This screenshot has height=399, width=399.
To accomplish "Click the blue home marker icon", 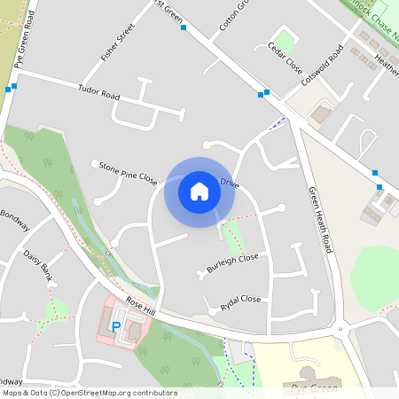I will click(x=199, y=191).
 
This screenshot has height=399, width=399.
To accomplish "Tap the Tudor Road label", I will click(x=98, y=91).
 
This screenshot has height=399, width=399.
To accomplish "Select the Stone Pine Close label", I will click(x=128, y=173).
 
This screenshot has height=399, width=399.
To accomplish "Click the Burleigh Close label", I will click(x=232, y=262).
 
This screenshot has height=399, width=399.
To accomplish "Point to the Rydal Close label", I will click(x=240, y=304).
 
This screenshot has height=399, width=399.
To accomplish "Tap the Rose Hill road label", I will click(x=140, y=307).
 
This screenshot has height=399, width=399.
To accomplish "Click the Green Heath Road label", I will click(x=319, y=219).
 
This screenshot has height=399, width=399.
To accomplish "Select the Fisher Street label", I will click(x=117, y=43).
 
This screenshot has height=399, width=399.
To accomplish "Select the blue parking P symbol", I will click(x=115, y=328).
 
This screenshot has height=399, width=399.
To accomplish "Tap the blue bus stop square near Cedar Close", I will click(x=265, y=92).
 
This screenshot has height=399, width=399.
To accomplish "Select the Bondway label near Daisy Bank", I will click(x=14, y=220).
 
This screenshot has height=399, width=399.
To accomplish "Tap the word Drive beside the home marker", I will click(x=230, y=184).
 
